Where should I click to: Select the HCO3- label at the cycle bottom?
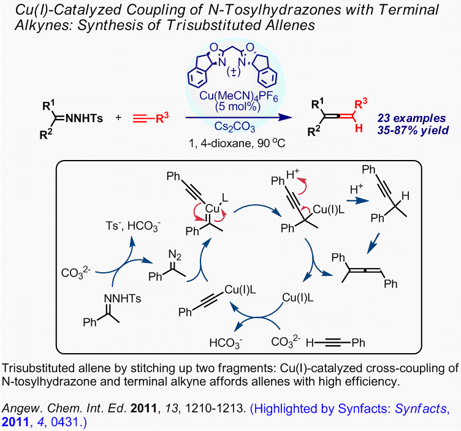[x=227, y=341]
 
